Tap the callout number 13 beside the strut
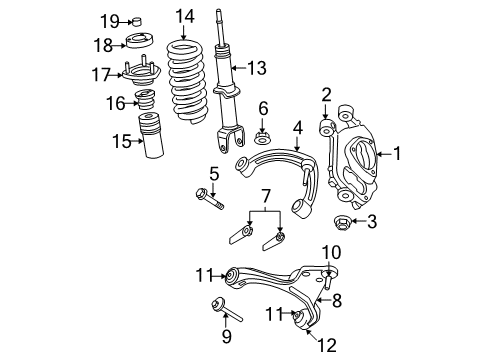click(258, 68)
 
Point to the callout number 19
click(109, 20)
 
